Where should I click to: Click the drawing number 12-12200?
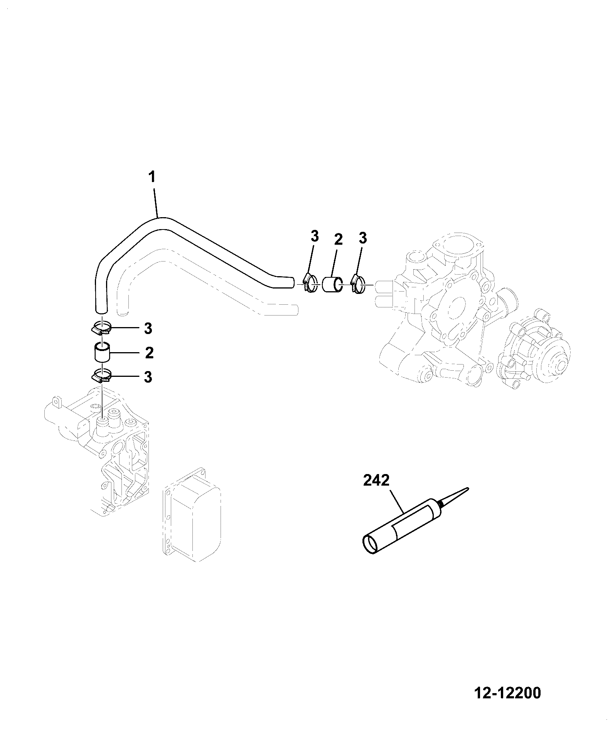tap(507, 693)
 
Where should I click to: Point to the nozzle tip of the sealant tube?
tap(468, 488)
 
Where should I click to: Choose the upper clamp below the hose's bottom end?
tap(102, 328)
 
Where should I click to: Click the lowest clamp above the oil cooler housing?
tap(102, 375)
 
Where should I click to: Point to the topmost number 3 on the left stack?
tap(148, 329)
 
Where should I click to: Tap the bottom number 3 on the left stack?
tap(148, 377)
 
